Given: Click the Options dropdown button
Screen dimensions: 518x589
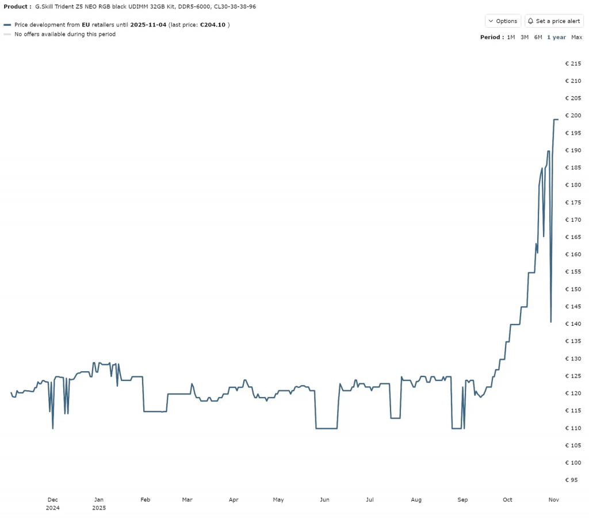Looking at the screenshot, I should coord(503,21).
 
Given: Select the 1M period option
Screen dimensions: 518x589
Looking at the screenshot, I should coord(511,37).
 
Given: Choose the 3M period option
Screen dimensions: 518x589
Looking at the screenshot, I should coord(525,37).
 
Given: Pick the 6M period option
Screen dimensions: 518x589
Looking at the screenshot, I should coord(538,37).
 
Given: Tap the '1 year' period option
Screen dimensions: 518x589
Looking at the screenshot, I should coord(556,37).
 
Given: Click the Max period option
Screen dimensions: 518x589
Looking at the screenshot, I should coord(576,37).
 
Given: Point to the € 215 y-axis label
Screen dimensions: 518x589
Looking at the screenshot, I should coord(573,63).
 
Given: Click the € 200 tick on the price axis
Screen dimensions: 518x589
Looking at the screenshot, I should coord(573,116).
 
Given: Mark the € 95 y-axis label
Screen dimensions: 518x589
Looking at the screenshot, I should coord(573,479).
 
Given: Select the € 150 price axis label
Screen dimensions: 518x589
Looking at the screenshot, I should coord(573,289).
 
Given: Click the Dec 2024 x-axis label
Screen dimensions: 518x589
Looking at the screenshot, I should coord(52,504).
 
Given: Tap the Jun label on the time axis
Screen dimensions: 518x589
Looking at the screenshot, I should coord(325,500).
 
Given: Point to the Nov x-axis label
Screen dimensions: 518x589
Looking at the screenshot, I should coord(553,500).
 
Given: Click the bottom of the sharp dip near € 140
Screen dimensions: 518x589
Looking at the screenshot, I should coord(551,322).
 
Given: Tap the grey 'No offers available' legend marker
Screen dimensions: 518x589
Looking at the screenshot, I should coord(7,35).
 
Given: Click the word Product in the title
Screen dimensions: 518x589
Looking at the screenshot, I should coord(16,6).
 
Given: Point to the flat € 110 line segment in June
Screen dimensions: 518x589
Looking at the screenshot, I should coord(327,428).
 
